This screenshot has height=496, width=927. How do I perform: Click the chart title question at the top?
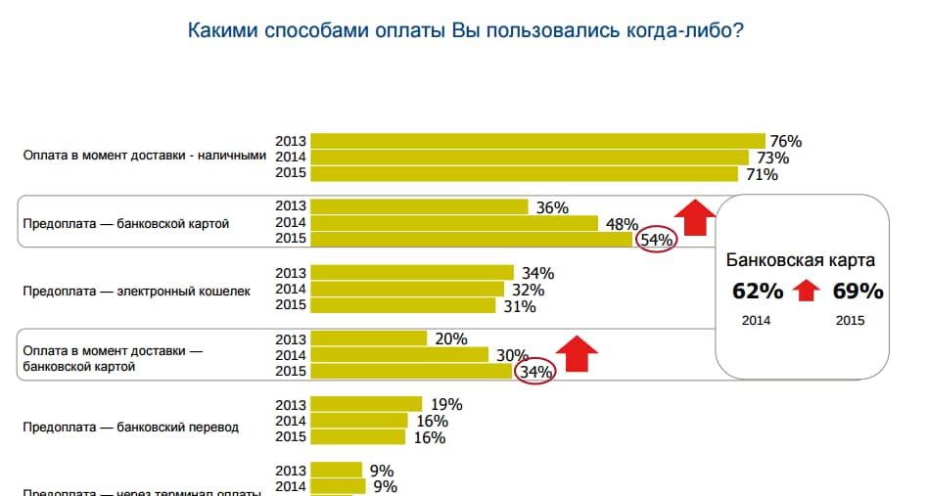tap(464, 30)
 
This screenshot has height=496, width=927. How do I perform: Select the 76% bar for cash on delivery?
tap(537, 141)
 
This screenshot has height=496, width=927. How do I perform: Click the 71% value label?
tap(761, 175)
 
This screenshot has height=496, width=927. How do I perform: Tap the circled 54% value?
tap(656, 240)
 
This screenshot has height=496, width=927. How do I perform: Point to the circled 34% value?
tap(535, 372)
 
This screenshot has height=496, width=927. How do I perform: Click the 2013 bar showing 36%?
tap(420, 206)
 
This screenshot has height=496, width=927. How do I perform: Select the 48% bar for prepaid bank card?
tap(454, 223)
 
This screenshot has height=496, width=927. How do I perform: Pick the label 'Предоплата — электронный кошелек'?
tap(136, 291)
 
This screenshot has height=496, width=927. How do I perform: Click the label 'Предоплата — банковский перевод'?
tap(130, 428)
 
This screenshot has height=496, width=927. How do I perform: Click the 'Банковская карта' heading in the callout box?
tap(800, 260)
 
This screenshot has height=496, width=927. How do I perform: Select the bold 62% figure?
tap(758, 292)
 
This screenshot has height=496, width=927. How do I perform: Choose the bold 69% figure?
tap(857, 292)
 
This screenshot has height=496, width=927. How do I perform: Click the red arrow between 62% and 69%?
tap(806, 291)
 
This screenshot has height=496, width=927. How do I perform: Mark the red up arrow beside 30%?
tap(578, 353)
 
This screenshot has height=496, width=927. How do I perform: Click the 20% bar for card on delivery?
tap(369, 338)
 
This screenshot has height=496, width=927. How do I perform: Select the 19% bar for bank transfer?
tap(366, 404)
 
